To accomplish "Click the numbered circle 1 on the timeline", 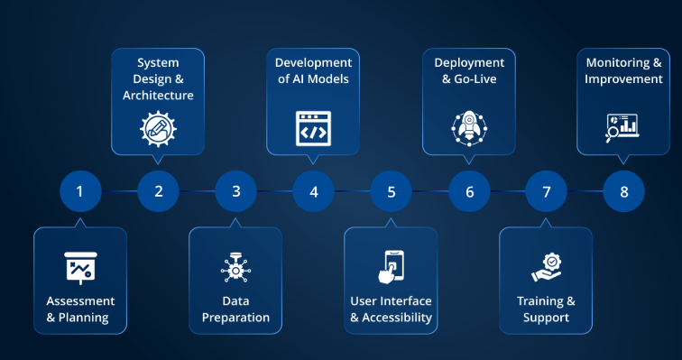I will pyautogui.click(x=80, y=191).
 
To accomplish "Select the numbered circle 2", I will pyautogui.click(x=158, y=191).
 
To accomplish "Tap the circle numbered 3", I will pyautogui.click(x=235, y=191).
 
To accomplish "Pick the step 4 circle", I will pyautogui.click(x=313, y=191).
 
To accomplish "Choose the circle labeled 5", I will pyautogui.click(x=391, y=191).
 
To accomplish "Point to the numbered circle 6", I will pyautogui.click(x=469, y=191).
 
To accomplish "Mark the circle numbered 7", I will pyautogui.click(x=547, y=191).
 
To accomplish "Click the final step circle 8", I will pyautogui.click(x=624, y=191).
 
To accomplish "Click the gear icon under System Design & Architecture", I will pyautogui.click(x=158, y=128).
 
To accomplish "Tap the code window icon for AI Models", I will pyautogui.click(x=313, y=128).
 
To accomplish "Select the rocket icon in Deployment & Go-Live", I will pyautogui.click(x=468, y=128).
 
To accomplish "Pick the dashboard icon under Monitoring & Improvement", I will pyautogui.click(x=623, y=128).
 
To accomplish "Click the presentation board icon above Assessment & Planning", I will pyautogui.click(x=80, y=267).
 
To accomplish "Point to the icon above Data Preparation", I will pyautogui.click(x=235, y=268).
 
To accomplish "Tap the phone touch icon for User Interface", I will pyautogui.click(x=391, y=267).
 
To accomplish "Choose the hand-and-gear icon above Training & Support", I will pyautogui.click(x=546, y=268).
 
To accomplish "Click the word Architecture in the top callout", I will pyautogui.click(x=158, y=95).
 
